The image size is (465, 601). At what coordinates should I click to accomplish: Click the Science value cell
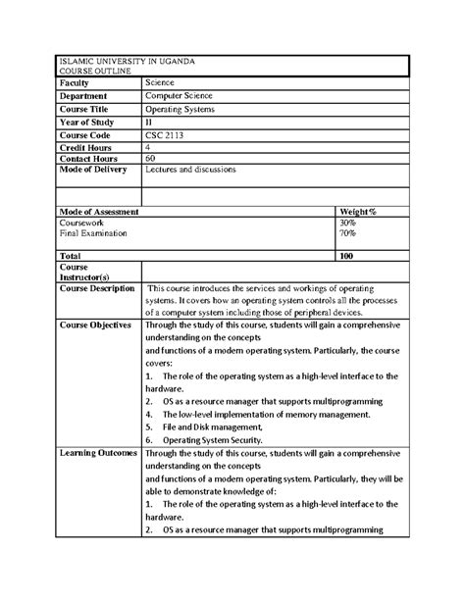160,84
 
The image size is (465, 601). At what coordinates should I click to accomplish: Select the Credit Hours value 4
147,145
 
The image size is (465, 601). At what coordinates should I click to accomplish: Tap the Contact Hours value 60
150,157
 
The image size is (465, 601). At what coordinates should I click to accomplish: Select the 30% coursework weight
348,224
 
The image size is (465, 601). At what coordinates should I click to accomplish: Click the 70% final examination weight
348,234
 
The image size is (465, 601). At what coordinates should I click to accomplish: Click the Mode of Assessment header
98,212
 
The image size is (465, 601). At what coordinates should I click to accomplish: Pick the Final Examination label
96,234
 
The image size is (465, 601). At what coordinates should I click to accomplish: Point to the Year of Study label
88,121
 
